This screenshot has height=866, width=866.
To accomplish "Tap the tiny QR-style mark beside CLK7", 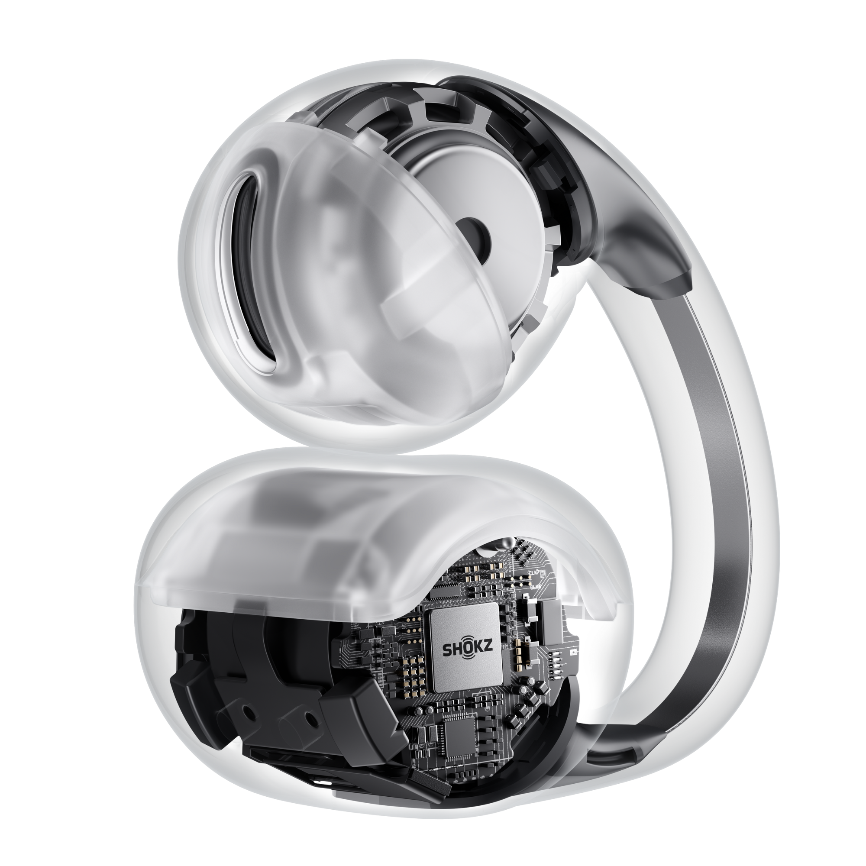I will pyautogui.click(x=543, y=573).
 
